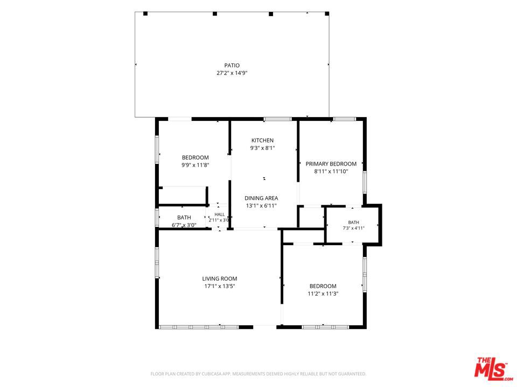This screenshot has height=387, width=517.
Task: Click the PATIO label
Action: tap(232, 66)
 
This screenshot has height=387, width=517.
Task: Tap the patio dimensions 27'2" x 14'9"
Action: tap(232, 73)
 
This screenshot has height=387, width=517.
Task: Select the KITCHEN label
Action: tap(262, 140)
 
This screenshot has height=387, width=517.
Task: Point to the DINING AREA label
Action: tap(261, 198)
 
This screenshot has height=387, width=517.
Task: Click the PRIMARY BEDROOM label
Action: tap(331, 164)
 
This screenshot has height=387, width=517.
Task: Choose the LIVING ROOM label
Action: tap(220, 279)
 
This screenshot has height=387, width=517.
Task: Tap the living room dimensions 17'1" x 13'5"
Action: tap(220, 286)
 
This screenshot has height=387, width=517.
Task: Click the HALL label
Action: tap(220, 214)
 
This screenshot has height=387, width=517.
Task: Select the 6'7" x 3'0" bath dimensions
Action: tap(184, 225)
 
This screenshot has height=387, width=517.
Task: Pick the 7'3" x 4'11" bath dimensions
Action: tap(353, 228)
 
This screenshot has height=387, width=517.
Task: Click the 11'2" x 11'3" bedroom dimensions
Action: tap(323, 294)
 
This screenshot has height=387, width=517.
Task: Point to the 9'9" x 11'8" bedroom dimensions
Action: tap(195, 165)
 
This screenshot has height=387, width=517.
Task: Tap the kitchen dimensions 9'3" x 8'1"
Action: tap(262, 148)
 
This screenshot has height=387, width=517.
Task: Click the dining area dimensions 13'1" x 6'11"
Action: tap(261, 206)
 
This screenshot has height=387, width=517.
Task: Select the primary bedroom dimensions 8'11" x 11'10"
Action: tap(331, 171)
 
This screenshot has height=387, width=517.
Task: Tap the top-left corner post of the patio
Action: tap(145, 14)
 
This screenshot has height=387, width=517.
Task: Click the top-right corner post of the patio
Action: tap(327, 14)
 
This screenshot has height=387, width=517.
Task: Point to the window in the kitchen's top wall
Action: tap(278, 119)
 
